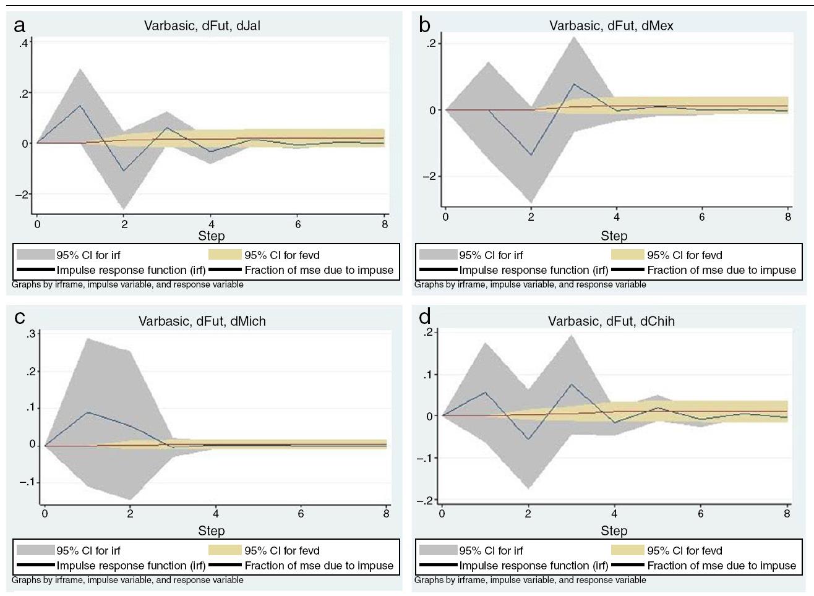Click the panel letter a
click(20, 26)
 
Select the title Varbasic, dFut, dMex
click(611, 25)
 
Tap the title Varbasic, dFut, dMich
click(202, 321)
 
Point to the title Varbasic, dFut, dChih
click(611, 321)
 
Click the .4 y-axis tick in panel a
click(24, 43)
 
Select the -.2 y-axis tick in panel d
click(427, 500)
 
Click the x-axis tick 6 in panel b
click(702, 217)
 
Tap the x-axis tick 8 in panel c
click(387, 513)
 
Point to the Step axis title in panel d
click(614, 530)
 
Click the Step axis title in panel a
click(211, 236)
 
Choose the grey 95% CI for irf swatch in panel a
click(35, 255)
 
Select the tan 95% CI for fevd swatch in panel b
click(627, 255)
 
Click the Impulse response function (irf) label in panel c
click(131, 565)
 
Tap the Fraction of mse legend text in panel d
click(721, 565)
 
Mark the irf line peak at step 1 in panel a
click(80, 105)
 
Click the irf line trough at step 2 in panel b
click(531, 155)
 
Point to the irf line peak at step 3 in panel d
click(572, 384)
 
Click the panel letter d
click(424, 317)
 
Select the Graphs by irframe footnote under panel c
click(127, 580)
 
